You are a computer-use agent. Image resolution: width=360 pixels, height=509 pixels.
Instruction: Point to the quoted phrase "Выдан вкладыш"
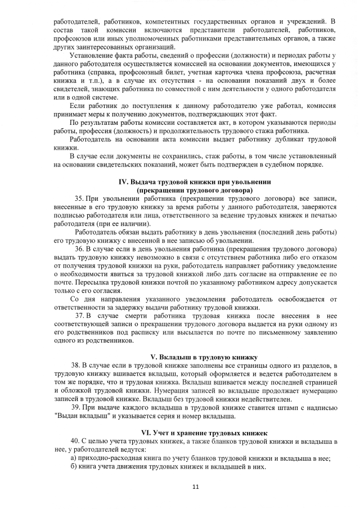(84, 416)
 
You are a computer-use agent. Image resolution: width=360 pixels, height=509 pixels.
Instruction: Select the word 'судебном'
(271, 165)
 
